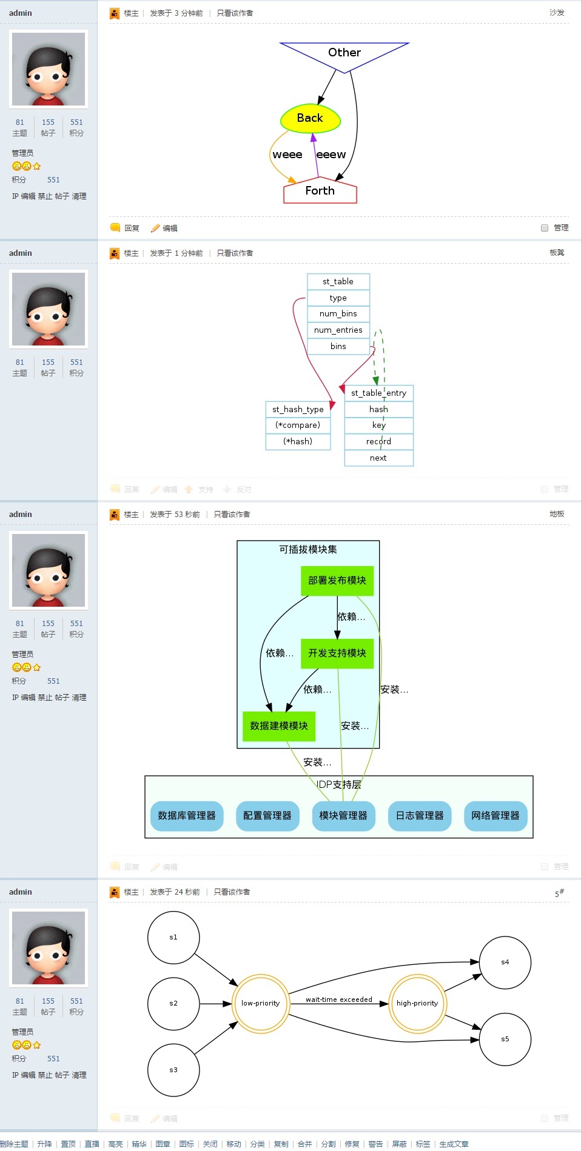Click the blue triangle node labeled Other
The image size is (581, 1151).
pyautogui.click(x=344, y=53)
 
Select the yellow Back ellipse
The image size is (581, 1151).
pyautogui.click(x=310, y=119)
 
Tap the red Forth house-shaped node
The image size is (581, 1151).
pyautogui.click(x=320, y=191)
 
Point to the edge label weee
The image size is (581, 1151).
pyautogui.click(x=287, y=155)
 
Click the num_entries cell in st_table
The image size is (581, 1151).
pyautogui.click(x=338, y=330)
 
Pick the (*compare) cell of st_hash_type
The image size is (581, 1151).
pyautogui.click(x=298, y=425)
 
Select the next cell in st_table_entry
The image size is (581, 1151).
pyautogui.click(x=378, y=458)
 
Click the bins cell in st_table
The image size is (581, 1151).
pyautogui.click(x=338, y=347)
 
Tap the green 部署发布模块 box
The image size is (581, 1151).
pyautogui.click(x=337, y=581)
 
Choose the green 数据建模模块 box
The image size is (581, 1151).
pyautogui.click(x=279, y=726)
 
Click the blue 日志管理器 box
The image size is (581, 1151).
pyautogui.click(x=420, y=816)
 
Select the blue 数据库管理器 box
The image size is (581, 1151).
pyautogui.click(x=187, y=816)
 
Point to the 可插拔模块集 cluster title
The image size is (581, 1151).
pyautogui.click(x=308, y=550)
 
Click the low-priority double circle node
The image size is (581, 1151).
pyautogui.click(x=261, y=1004)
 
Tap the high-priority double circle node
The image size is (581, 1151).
pyautogui.click(x=417, y=1004)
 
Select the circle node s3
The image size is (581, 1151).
pyautogui.click(x=173, y=1070)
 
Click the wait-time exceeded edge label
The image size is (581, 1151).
pyautogui.click(x=339, y=999)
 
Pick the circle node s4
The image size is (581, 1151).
pyautogui.click(x=505, y=963)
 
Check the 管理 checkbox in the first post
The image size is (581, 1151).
pyautogui.click(x=545, y=228)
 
